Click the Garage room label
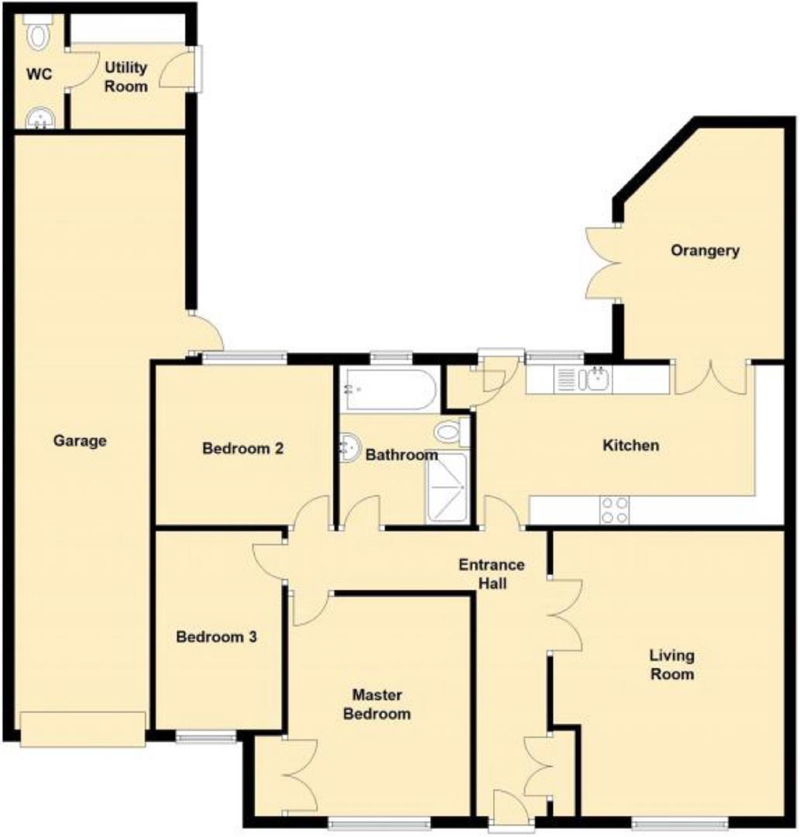[x=80, y=441]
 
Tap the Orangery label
[x=705, y=250]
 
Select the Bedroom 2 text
[x=242, y=448]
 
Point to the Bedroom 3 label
[x=216, y=638]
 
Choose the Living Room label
[x=671, y=665]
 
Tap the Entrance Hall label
[x=491, y=573]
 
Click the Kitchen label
[x=631, y=445]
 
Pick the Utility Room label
[x=126, y=77]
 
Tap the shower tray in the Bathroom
[x=447, y=487]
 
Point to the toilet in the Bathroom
[x=450, y=432]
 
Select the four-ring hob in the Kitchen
[x=614, y=510]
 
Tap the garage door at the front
[x=83, y=728]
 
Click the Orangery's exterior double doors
[x=604, y=263]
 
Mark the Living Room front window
[x=679, y=824]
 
